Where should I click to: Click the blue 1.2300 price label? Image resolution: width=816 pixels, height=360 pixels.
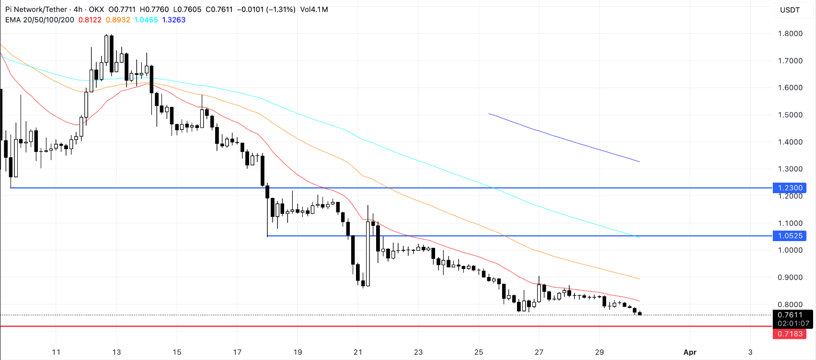pos(790,188)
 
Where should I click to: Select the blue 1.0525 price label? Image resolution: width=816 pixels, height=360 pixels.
pos(790,236)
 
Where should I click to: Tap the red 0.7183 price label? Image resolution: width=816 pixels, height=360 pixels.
pos(790,334)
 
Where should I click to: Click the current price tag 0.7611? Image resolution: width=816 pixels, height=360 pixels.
pos(790,315)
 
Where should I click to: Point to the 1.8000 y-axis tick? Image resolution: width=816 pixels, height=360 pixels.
pos(790,34)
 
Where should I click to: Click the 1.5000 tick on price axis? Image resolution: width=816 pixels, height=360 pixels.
pos(790,115)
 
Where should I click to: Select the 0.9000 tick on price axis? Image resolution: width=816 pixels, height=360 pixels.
pos(790,278)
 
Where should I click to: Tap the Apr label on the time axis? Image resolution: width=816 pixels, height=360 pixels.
pos(690,352)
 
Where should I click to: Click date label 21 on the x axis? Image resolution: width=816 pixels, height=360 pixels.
pos(358,352)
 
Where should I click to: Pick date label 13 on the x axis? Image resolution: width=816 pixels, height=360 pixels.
pos(116,352)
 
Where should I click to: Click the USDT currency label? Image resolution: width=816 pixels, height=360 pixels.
pos(790,10)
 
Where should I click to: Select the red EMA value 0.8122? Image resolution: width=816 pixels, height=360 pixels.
pos(90,20)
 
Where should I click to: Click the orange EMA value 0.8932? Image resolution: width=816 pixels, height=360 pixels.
pos(118,20)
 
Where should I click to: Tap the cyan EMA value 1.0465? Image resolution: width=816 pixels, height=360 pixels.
pos(146,20)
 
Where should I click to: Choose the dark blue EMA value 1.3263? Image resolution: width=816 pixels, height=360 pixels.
pos(174,20)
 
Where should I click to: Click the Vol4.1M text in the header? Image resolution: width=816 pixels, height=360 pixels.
pos(314,10)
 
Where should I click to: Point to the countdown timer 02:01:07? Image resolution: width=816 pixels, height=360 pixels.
pos(793,324)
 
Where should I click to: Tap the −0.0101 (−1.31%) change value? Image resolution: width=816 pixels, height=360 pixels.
pos(266,10)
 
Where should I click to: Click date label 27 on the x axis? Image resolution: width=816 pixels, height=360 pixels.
pos(539,352)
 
